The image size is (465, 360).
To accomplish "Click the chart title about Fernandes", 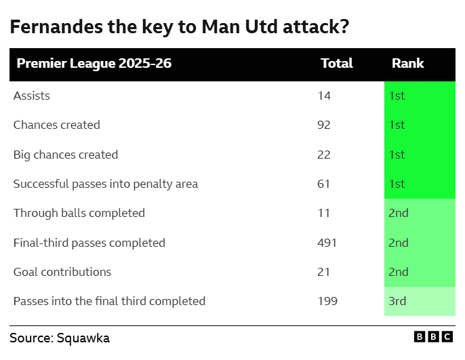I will [x=180, y=27].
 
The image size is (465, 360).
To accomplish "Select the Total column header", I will [x=336, y=64].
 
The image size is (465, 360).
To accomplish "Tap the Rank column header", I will [x=407, y=64].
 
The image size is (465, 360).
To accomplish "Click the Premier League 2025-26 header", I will [x=94, y=64].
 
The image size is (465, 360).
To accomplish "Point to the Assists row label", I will [x=31, y=96].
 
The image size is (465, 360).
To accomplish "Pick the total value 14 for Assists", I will [x=324, y=96].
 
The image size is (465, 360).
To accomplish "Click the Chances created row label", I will [x=56, y=125].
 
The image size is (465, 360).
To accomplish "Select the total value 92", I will [x=324, y=125].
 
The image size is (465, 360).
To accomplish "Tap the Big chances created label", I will [x=65, y=155].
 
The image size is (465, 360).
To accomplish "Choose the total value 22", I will [x=324, y=155].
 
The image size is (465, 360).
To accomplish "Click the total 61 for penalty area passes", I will [x=324, y=184].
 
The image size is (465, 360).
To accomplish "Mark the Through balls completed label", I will [x=79, y=213].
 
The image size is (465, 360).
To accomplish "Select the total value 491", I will [x=327, y=243].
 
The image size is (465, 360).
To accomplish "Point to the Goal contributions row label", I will [x=62, y=272].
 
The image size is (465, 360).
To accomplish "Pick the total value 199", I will [x=327, y=301].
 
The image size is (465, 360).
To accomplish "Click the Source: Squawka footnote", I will [x=60, y=338].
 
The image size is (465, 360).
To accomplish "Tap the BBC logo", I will [x=434, y=337].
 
